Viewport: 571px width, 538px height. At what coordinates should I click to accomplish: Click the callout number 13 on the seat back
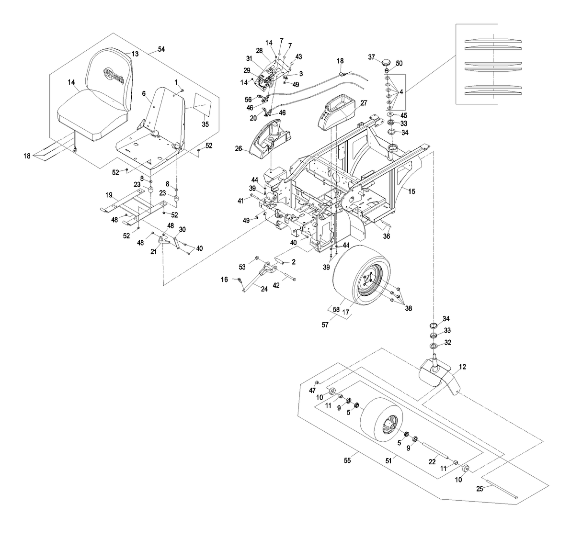[x=135, y=54]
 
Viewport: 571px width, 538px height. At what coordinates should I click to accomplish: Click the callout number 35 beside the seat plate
[x=205, y=124]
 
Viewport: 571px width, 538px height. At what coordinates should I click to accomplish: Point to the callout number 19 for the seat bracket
[x=109, y=195]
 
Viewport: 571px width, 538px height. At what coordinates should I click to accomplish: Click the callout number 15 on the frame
[x=411, y=191]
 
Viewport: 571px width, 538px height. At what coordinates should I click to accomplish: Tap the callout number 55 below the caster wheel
[x=347, y=460]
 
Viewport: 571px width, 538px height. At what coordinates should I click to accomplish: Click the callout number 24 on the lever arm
[x=263, y=288]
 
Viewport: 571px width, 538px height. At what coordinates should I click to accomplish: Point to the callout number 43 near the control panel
[x=298, y=56]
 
